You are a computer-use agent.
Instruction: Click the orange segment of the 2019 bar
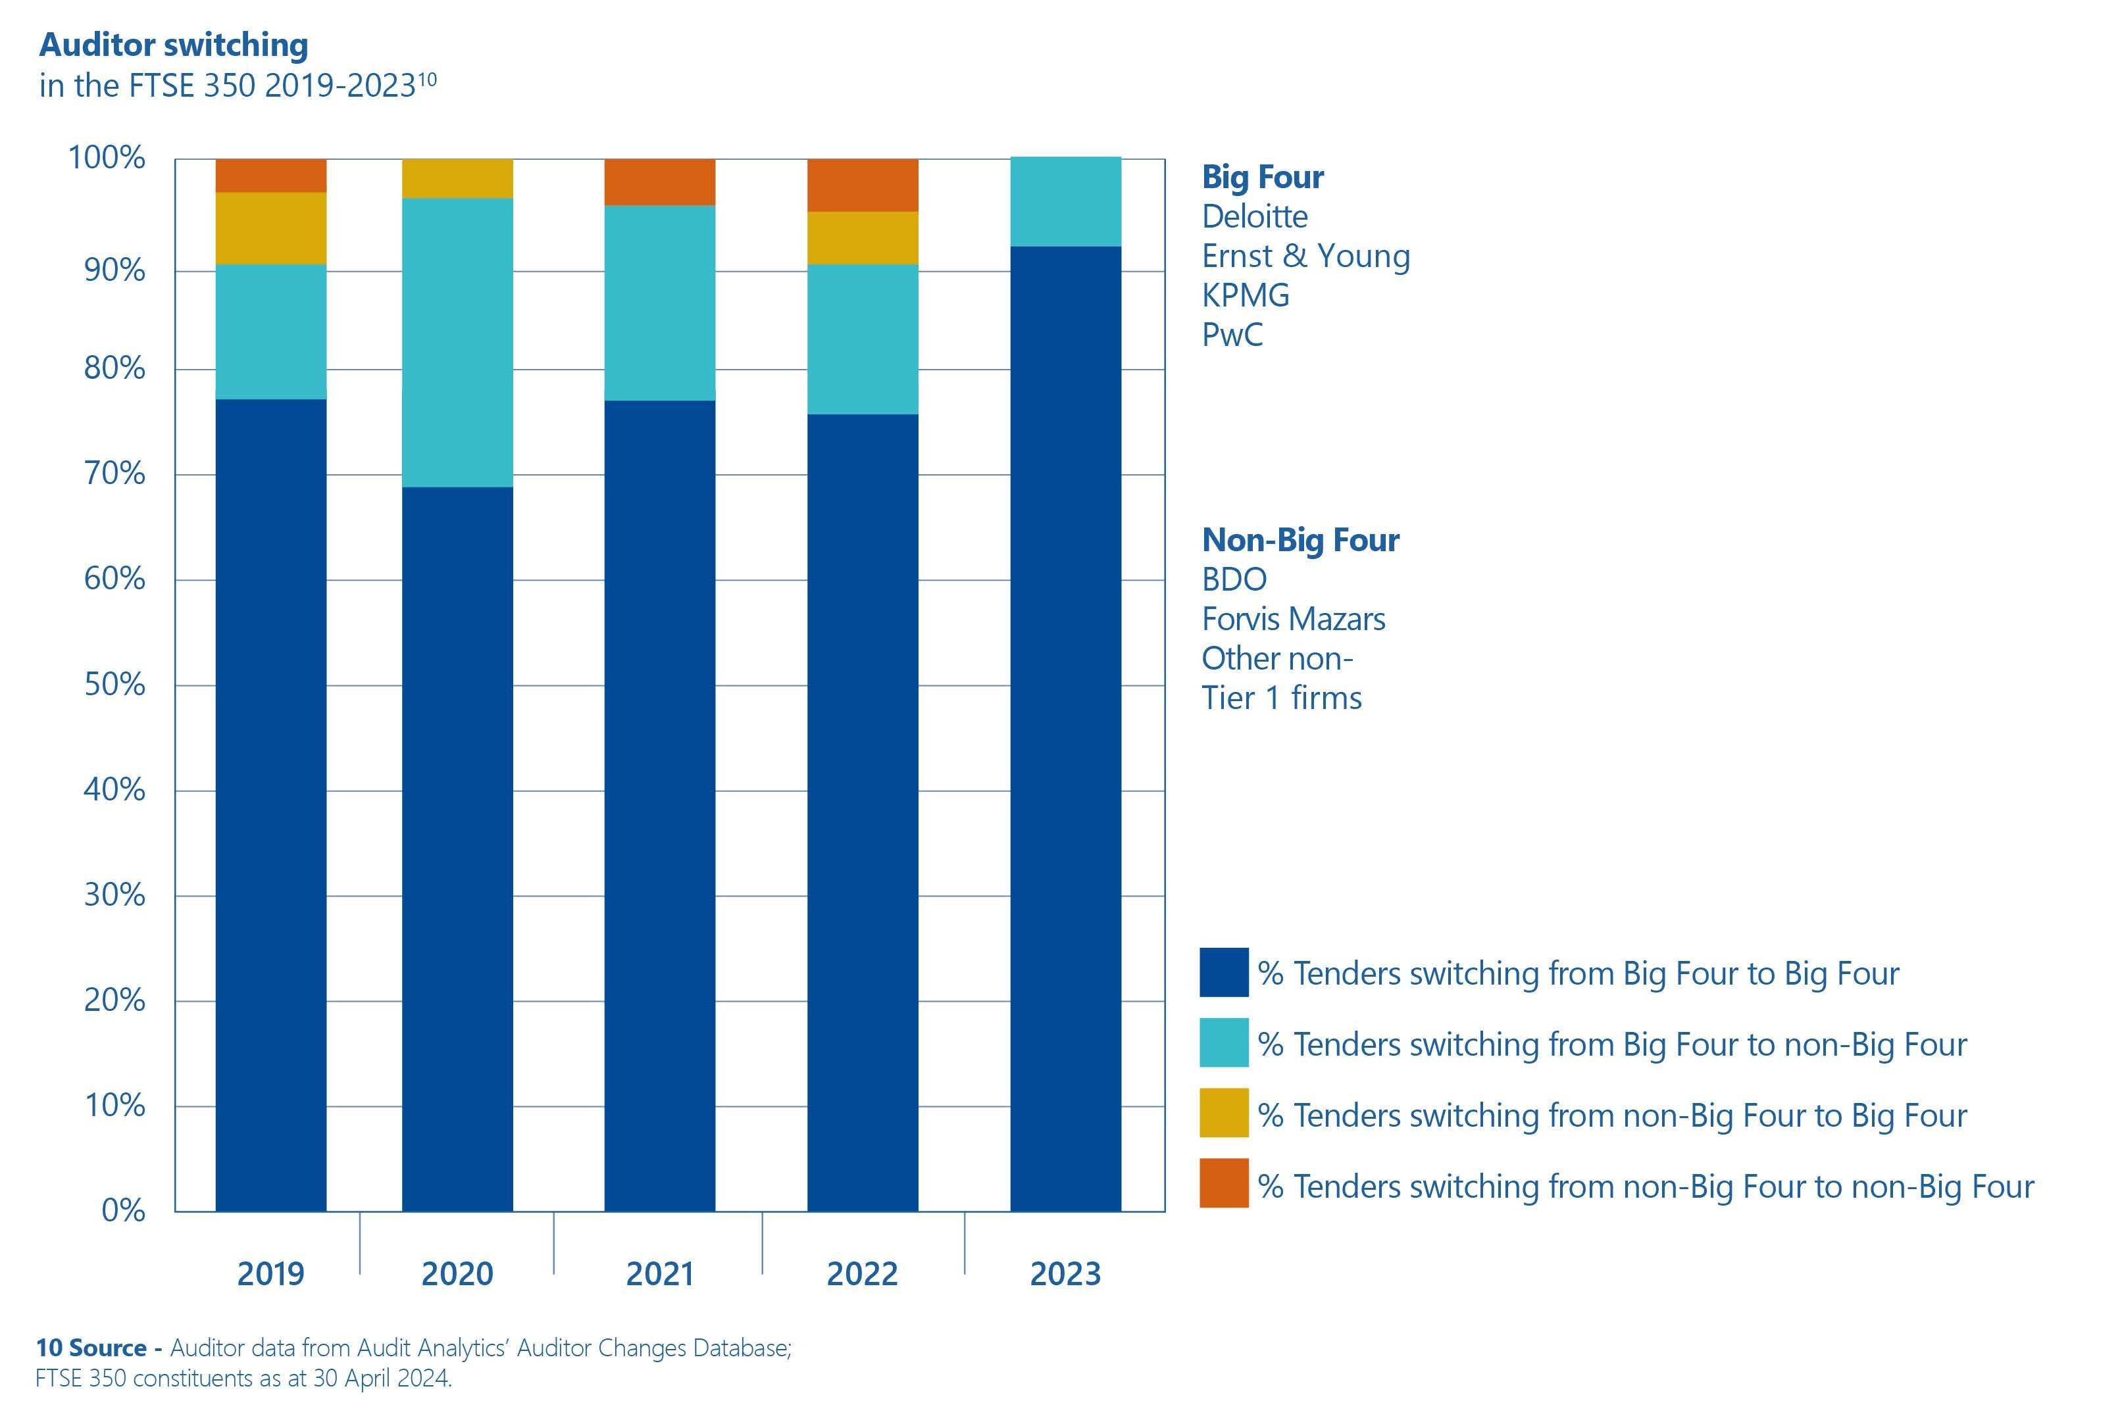[270, 175]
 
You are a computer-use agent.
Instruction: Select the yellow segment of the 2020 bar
[457, 179]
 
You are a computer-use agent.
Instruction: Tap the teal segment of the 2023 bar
[1065, 201]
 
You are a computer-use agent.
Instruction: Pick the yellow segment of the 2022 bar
[862, 237]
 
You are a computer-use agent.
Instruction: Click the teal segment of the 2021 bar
[659, 303]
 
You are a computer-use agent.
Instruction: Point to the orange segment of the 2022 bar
[862, 185]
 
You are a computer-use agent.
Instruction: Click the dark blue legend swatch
[1223, 972]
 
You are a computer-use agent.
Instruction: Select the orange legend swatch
[1223, 1183]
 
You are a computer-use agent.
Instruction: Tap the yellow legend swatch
[1223, 1113]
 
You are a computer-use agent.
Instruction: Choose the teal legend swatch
[1223, 1043]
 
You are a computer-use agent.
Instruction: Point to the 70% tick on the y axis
[114, 474]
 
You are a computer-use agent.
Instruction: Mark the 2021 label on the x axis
[659, 1274]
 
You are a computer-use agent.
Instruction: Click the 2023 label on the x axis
[1065, 1274]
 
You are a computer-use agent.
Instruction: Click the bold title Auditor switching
[173, 45]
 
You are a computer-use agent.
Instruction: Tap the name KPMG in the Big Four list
[1245, 295]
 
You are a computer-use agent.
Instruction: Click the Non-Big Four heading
[1300, 541]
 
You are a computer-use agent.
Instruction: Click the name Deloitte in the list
[1255, 217]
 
